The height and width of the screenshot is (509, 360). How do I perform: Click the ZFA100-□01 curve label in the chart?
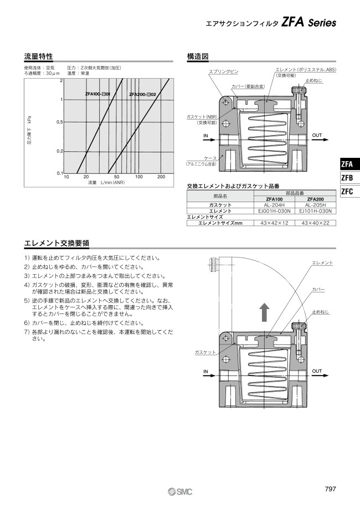[x=97, y=94]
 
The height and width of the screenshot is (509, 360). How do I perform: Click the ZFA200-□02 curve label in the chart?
[x=142, y=95]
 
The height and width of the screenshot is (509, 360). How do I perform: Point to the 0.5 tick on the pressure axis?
[x=59, y=122]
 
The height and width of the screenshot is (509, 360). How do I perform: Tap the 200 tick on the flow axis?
[x=161, y=177]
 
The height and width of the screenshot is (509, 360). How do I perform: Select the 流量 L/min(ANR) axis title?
[x=106, y=182]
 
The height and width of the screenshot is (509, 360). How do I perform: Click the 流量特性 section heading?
[x=38, y=56]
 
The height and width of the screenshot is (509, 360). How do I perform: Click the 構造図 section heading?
[x=197, y=56]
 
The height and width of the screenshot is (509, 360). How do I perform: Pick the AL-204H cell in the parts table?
[x=274, y=205]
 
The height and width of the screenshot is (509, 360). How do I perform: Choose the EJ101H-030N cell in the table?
[x=316, y=211]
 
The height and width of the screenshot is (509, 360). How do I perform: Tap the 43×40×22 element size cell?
[x=316, y=223]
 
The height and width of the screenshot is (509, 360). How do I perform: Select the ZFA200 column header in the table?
[x=316, y=199]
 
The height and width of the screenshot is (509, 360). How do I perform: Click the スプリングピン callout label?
[x=223, y=72]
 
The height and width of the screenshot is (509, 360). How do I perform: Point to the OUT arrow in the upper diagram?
[x=320, y=140]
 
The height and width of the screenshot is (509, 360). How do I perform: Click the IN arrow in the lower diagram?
[x=209, y=376]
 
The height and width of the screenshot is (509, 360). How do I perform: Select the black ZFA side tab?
[x=350, y=164]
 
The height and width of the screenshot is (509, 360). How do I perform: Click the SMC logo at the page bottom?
[x=180, y=492]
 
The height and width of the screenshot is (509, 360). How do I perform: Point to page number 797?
[x=330, y=489]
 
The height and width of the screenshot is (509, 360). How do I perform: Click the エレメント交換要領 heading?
[x=57, y=243]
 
